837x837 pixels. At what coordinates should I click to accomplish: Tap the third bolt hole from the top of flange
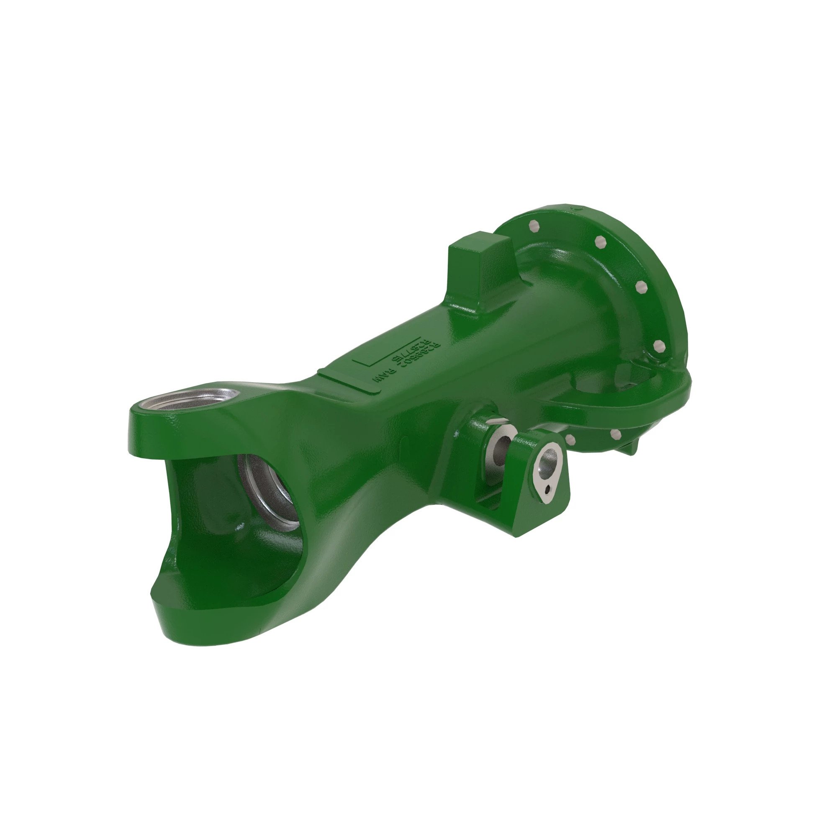click(x=639, y=286)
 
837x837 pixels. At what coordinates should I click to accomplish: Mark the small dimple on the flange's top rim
click(x=576, y=208)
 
